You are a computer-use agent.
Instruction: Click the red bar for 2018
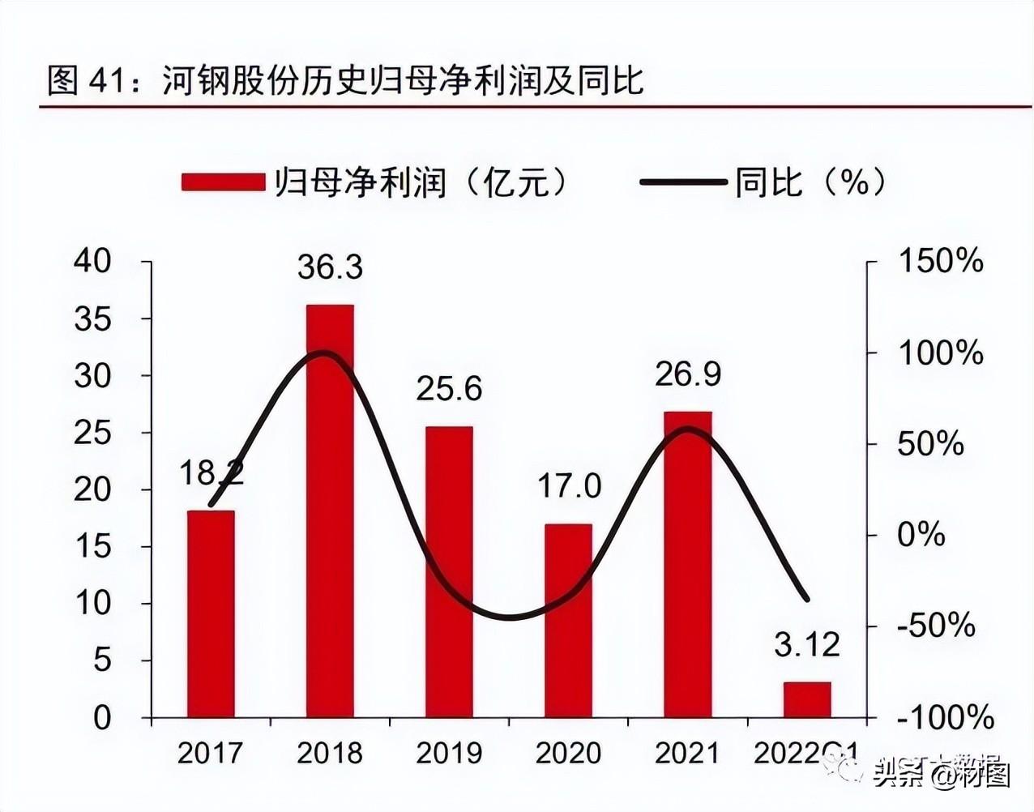[x=330, y=511]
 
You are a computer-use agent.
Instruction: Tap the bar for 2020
[x=568, y=620]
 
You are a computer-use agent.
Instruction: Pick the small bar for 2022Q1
[x=807, y=699]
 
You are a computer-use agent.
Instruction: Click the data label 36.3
[x=330, y=267]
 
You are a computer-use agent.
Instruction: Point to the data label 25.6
[x=449, y=389]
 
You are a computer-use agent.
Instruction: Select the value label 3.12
[x=807, y=645]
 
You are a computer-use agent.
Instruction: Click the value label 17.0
[x=569, y=486]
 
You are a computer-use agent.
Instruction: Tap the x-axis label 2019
[x=449, y=753]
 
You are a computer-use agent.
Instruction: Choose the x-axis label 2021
[x=687, y=753]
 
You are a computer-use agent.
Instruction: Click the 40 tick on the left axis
[x=92, y=262]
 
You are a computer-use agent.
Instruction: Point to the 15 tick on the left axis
[x=92, y=547]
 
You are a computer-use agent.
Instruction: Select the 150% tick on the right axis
[x=941, y=262]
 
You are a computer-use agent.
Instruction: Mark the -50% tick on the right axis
[x=936, y=626]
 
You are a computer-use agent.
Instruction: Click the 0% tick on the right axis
[x=921, y=536]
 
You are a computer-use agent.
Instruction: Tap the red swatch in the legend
[x=224, y=182]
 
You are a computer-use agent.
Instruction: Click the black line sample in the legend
[x=682, y=182]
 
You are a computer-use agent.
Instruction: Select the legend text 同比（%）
[x=810, y=182]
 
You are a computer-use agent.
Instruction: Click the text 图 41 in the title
[x=84, y=81]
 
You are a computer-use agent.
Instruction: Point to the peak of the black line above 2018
[x=324, y=353]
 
